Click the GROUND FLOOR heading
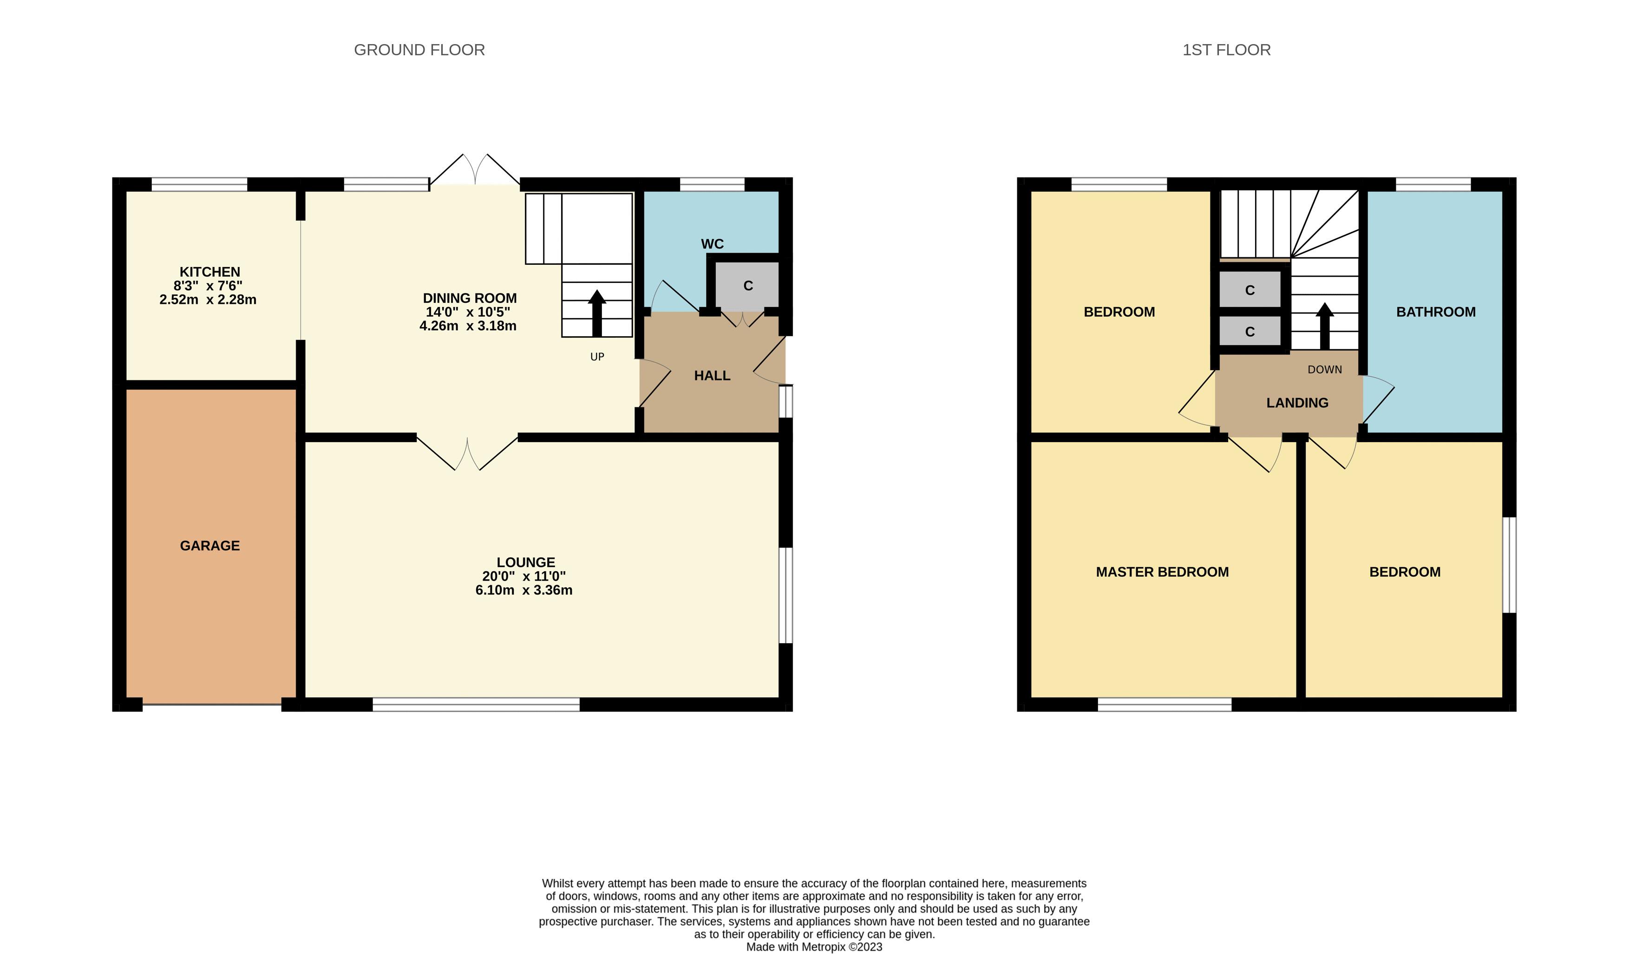coord(419,50)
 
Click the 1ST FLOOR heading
coord(1226,50)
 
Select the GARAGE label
coord(209,546)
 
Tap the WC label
coord(712,244)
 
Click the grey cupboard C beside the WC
coord(748,286)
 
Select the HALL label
coord(712,376)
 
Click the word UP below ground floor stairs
coord(597,357)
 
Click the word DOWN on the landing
coord(1325,370)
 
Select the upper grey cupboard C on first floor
coord(1250,290)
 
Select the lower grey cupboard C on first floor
coord(1250,332)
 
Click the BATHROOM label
coord(1436,312)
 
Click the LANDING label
coord(1297,403)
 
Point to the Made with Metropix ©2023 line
coord(814,947)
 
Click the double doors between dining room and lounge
coord(467,452)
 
